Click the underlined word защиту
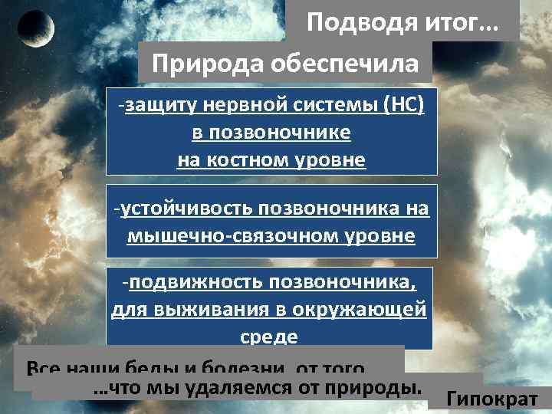point(157,105)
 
